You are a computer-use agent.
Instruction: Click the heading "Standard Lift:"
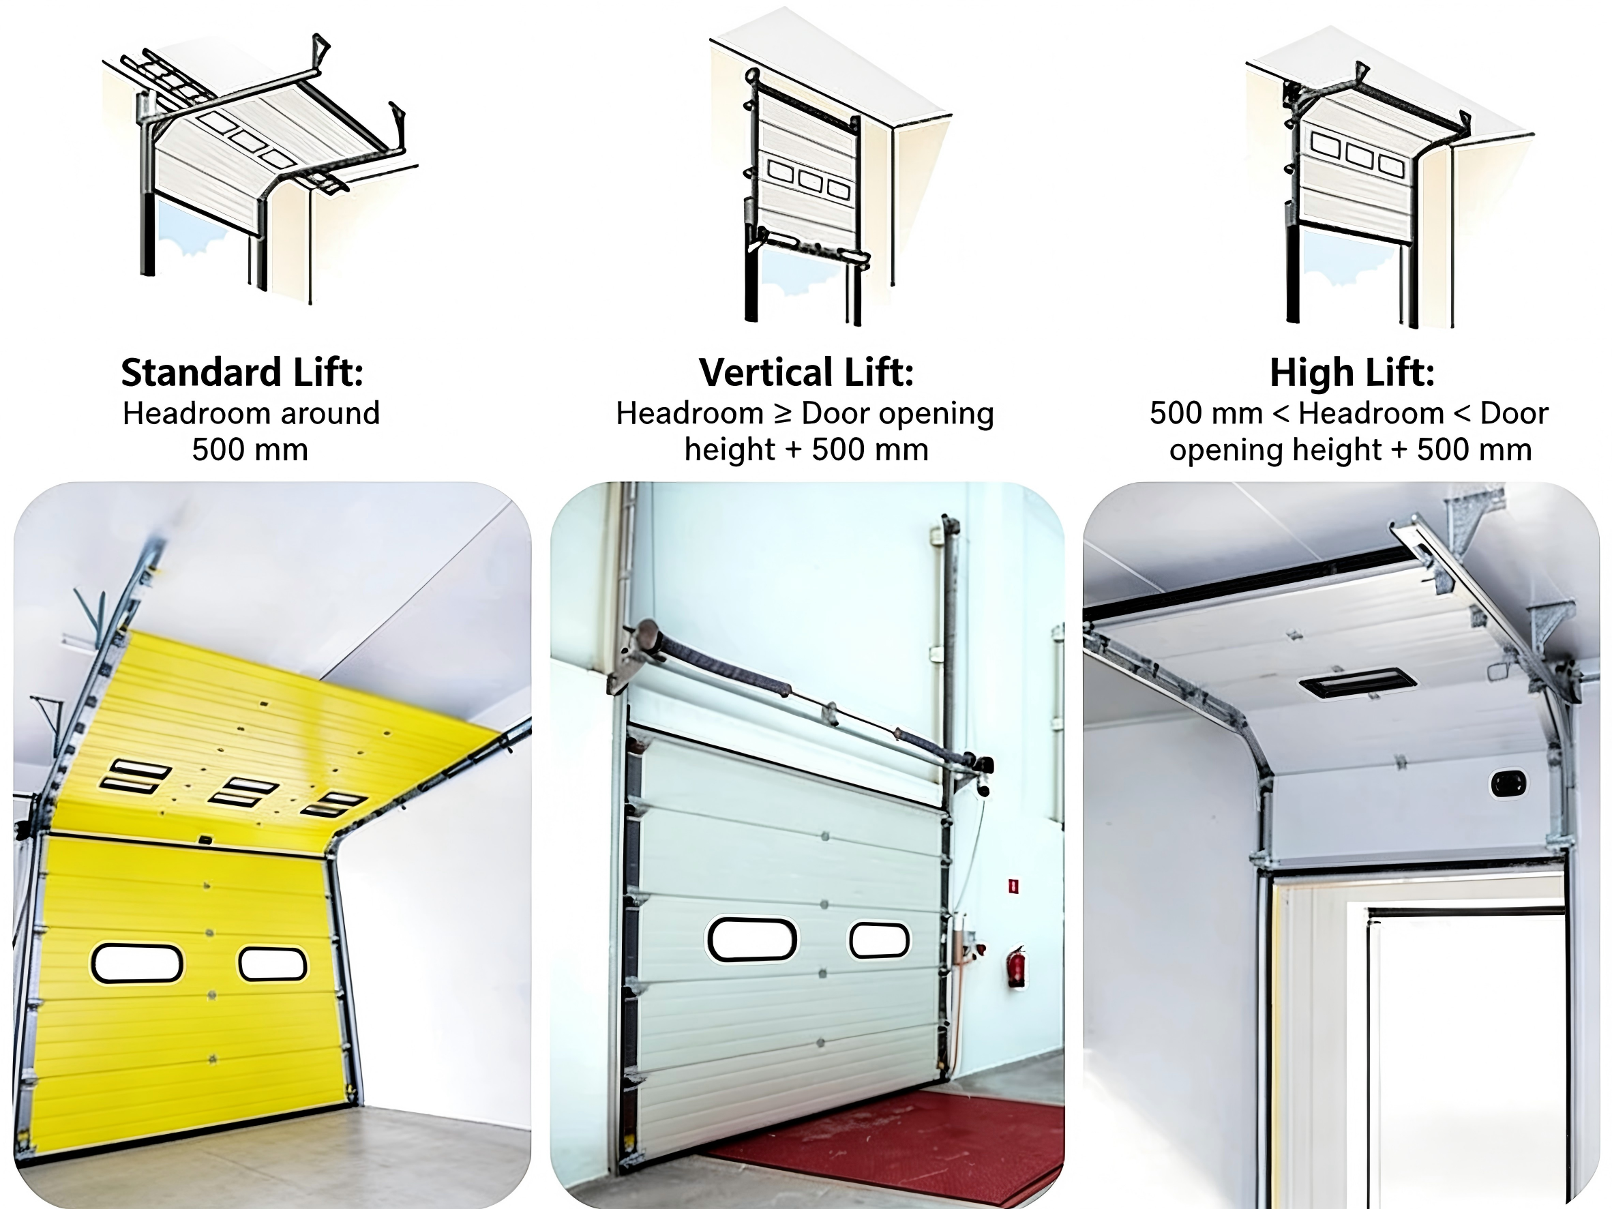pyautogui.click(x=242, y=372)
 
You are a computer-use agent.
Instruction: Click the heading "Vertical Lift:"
pyautogui.click(x=806, y=372)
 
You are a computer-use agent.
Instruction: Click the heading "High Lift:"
pyautogui.click(x=1352, y=372)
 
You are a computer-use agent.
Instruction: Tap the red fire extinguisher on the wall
pyautogui.click(x=1016, y=966)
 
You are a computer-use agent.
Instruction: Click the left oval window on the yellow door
pyautogui.click(x=137, y=964)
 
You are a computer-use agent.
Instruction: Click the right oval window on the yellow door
pyautogui.click(x=273, y=964)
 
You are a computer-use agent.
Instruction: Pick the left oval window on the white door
pyautogui.click(x=751, y=940)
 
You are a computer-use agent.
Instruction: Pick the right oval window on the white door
pyautogui.click(x=879, y=940)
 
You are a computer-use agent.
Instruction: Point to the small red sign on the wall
pyautogui.click(x=1013, y=885)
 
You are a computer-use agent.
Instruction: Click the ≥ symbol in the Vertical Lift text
pyautogui.click(x=782, y=414)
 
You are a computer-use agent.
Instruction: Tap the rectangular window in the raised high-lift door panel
pyautogui.click(x=1358, y=683)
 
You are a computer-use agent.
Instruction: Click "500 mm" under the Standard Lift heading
pyautogui.click(x=250, y=449)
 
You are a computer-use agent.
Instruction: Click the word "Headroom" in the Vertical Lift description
pyautogui.click(x=689, y=413)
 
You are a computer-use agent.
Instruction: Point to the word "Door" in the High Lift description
pyautogui.click(x=1514, y=413)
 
